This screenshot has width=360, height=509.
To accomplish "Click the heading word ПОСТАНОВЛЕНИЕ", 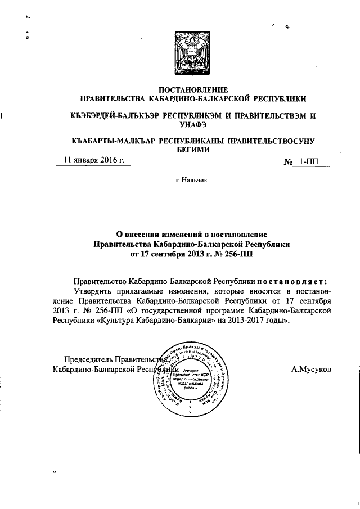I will pyautogui.click(x=193, y=90).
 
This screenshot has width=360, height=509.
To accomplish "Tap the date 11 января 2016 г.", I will pyautogui.click(x=94, y=160).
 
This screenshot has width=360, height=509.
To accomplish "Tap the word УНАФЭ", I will pyautogui.click(x=193, y=124).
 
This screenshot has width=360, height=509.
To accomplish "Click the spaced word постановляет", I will pyautogui.click(x=291, y=280).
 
